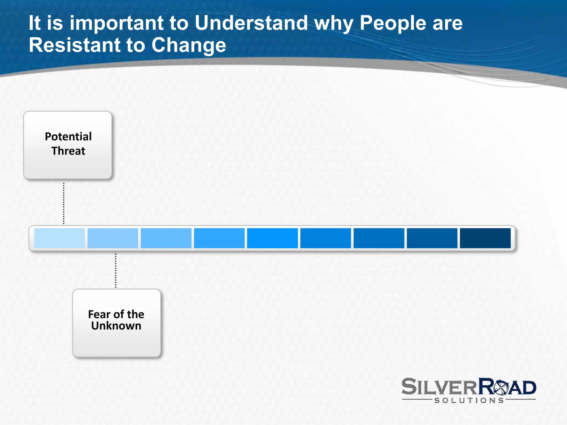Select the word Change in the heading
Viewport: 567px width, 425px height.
coord(189,46)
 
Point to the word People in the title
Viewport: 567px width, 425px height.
coord(393,23)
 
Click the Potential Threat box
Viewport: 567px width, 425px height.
coord(68,145)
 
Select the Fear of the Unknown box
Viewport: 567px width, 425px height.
coord(117,323)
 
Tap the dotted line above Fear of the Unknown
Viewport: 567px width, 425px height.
coord(116,270)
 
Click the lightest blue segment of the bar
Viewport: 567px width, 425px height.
coord(60,238)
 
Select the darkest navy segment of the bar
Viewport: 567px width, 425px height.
coord(485,238)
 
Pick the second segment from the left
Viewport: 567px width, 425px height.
coord(113,238)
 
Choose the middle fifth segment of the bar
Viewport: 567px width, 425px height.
coord(272,238)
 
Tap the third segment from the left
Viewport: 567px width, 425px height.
coord(166,238)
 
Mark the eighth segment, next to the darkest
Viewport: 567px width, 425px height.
coord(432,238)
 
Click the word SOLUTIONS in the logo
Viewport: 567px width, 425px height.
coord(469,400)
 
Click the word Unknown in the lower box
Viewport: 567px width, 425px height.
coord(116,326)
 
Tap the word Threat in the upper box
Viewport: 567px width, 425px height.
coord(68,151)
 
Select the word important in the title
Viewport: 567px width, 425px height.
coord(116,23)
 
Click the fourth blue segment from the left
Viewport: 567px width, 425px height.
coord(219,238)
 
